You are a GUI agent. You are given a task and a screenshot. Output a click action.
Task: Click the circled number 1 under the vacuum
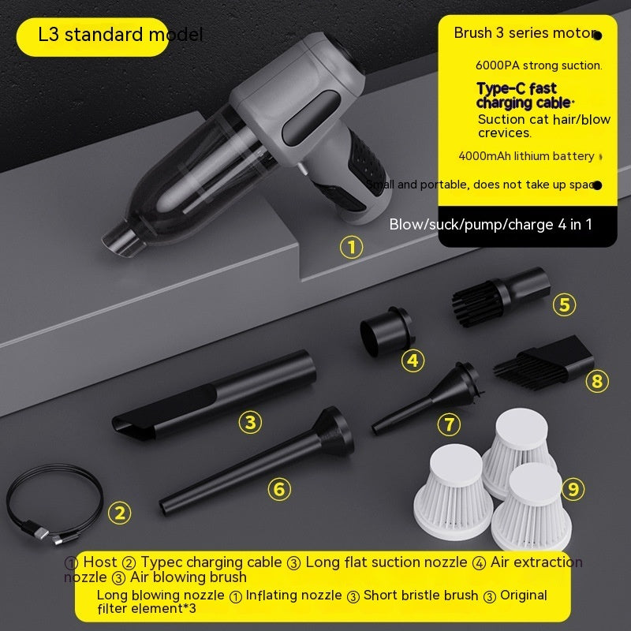pyautogui.click(x=352, y=248)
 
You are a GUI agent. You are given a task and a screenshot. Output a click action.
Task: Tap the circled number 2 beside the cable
pyautogui.click(x=119, y=513)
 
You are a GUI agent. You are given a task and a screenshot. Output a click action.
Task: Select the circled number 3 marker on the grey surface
pyautogui.click(x=250, y=422)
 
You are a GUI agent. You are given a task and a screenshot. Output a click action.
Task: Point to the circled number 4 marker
pyautogui.click(x=413, y=361)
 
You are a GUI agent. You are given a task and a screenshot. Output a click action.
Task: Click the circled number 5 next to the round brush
pyautogui.click(x=563, y=304)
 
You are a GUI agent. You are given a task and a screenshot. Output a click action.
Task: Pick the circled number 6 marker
pyautogui.click(x=278, y=489)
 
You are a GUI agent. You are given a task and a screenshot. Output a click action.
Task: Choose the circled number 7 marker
pyautogui.click(x=449, y=424)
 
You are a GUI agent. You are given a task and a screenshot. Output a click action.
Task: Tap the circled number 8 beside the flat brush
pyautogui.click(x=597, y=382)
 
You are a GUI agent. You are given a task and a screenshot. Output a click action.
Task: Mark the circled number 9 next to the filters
pyautogui.click(x=573, y=489)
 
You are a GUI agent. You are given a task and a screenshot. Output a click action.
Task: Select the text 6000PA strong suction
pyautogui.click(x=538, y=65)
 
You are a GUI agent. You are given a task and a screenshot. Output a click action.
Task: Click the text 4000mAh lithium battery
pyautogui.click(x=526, y=156)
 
